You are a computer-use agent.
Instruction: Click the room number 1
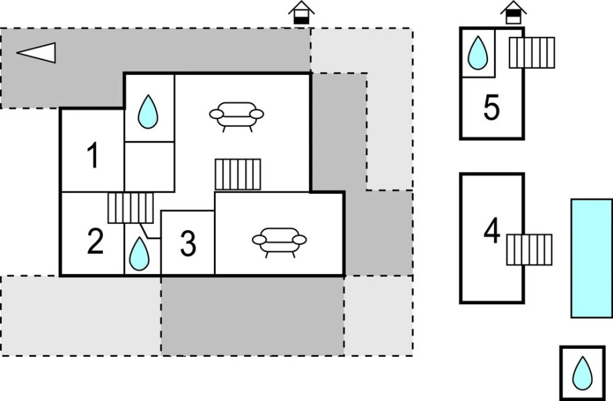point(94,156)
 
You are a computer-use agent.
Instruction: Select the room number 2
point(96,242)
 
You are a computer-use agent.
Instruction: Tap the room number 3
point(189,245)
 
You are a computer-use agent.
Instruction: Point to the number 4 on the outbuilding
point(492,231)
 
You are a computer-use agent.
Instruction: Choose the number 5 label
point(491,108)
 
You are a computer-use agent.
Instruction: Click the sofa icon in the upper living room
point(236,115)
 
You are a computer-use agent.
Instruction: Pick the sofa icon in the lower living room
point(279,241)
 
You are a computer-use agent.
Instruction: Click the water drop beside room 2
point(139,253)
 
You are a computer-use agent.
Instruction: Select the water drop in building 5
point(477,52)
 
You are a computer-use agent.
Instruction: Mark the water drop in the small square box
point(583,373)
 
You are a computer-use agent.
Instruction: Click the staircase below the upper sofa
point(238,174)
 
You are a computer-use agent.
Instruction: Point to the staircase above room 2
point(131,208)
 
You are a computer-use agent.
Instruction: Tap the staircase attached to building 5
point(532,52)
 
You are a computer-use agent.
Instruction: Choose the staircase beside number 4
point(529,249)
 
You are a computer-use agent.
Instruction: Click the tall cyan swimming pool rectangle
point(592,258)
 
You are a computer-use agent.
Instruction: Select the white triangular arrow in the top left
point(37,52)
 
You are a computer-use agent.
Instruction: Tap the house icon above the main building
point(301,13)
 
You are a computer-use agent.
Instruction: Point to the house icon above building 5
point(513,13)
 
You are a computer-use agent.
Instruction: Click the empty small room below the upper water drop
point(149,166)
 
